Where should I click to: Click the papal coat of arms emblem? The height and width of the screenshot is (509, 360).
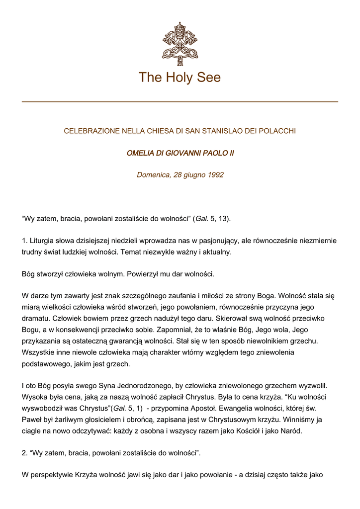coord(180,43)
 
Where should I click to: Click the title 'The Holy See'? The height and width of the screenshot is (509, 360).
coord(180,78)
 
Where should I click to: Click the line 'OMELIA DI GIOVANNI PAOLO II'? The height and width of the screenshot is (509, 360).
coord(180,153)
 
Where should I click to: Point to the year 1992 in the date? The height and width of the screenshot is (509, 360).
coord(215,175)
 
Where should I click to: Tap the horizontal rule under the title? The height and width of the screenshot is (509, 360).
coord(180,101)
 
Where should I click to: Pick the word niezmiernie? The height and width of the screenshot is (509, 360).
coord(318,241)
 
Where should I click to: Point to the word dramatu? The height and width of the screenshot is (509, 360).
coord(36,319)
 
